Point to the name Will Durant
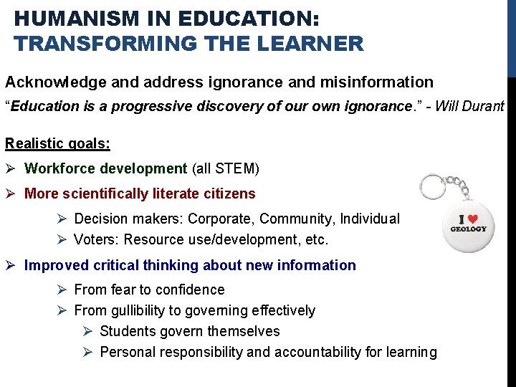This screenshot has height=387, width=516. pos(470,107)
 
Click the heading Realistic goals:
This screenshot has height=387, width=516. pos(57,143)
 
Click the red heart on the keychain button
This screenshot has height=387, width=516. pos(472,217)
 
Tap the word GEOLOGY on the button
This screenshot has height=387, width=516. pos(468,229)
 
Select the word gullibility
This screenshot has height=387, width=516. pos(143,310)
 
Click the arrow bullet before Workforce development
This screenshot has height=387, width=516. pos(11,169)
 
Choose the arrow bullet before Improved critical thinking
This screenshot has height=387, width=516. pos(11,265)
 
